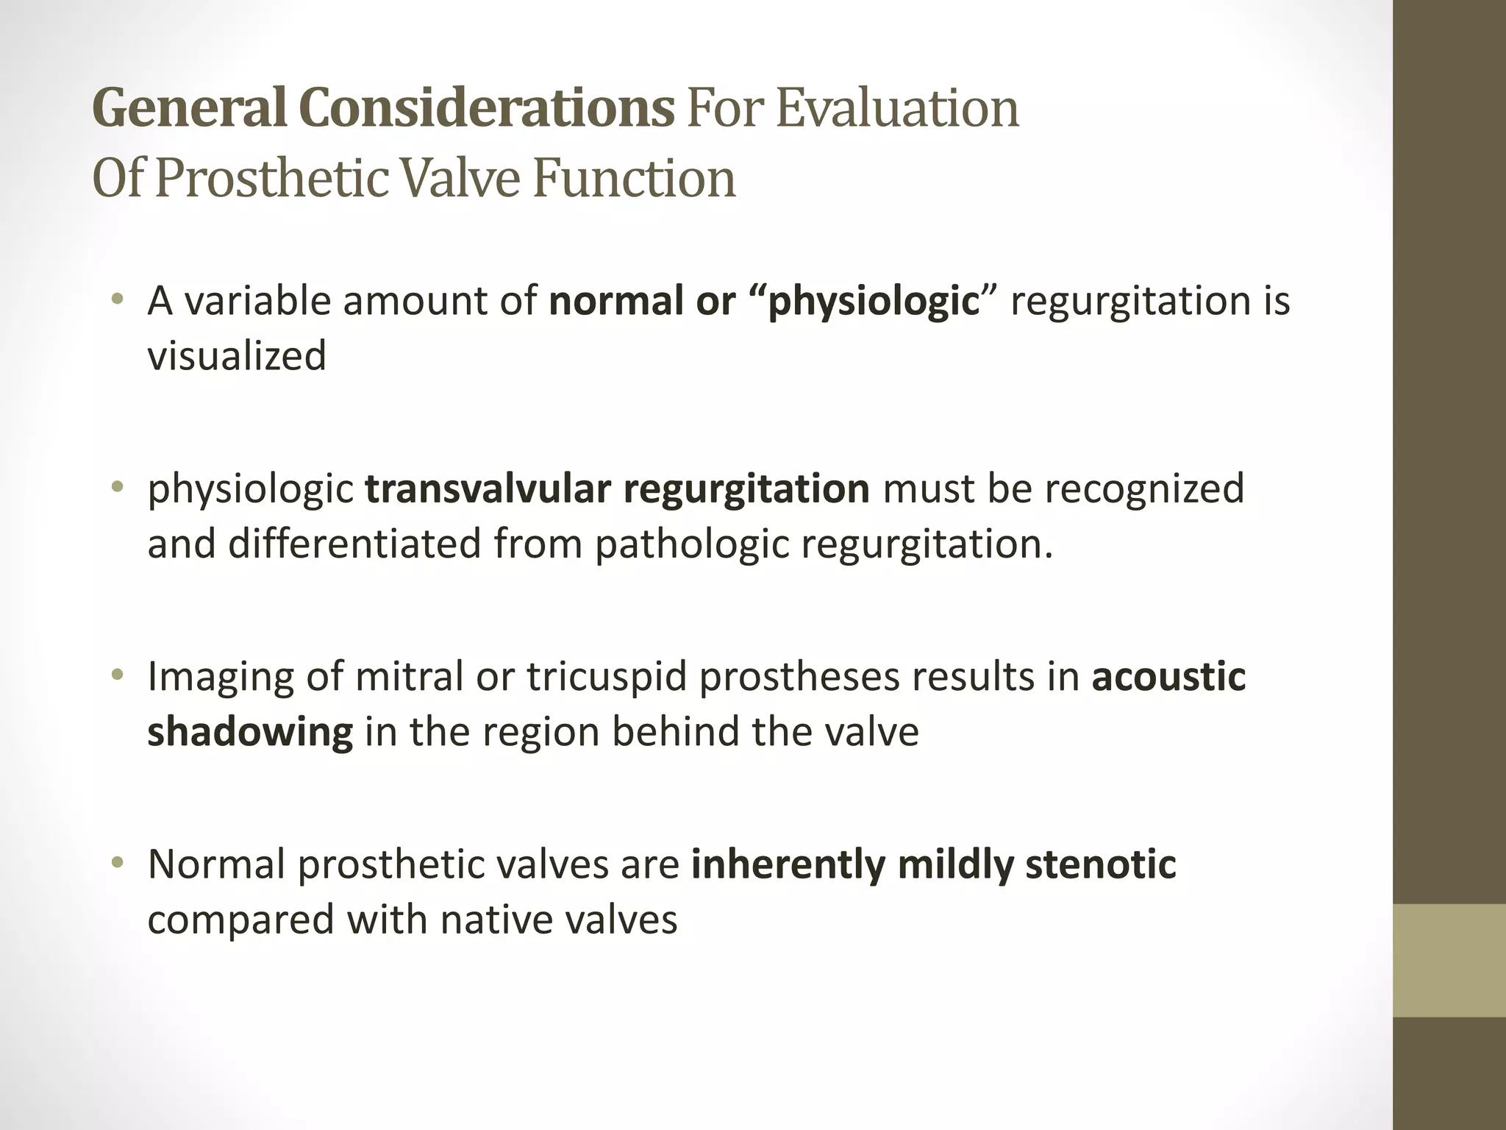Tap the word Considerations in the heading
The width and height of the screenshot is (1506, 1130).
[x=486, y=108]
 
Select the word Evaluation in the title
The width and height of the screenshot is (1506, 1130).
[x=896, y=108]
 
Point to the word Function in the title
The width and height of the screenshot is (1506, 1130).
[x=633, y=178]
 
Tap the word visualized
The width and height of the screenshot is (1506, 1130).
[x=237, y=357]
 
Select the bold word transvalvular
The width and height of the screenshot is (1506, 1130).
[x=487, y=489]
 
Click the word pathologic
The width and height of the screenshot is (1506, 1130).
[x=690, y=544]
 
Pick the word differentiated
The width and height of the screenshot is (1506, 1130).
[x=354, y=544]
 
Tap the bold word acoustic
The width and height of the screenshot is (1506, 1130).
[x=1168, y=677]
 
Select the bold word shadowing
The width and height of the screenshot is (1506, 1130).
[x=250, y=732]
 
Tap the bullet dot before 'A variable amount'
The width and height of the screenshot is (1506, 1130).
[x=116, y=300]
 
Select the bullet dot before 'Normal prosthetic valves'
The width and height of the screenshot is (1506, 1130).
[x=116, y=863]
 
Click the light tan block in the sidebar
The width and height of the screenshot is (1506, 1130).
[x=1449, y=960]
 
